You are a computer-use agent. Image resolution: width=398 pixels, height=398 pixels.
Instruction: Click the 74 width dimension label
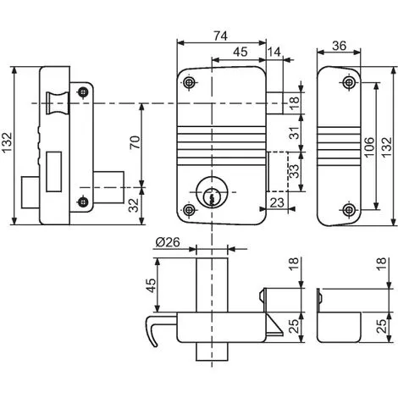(220, 36)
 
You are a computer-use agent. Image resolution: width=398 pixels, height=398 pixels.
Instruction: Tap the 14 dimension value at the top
(274, 52)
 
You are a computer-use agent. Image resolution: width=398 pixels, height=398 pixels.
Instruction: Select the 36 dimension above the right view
(339, 46)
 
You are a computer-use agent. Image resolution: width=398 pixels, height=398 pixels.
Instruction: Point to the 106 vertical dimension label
(369, 147)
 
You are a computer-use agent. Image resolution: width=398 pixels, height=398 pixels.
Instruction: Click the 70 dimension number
(135, 142)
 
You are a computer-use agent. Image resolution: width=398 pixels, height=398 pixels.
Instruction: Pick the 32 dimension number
(134, 205)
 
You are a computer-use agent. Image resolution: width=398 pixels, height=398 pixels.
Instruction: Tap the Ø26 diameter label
(168, 242)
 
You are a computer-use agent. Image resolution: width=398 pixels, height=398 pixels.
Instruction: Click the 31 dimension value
(295, 133)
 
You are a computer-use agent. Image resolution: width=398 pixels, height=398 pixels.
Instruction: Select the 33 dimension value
(295, 171)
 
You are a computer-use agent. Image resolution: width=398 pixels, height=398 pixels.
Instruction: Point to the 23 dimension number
(277, 202)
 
